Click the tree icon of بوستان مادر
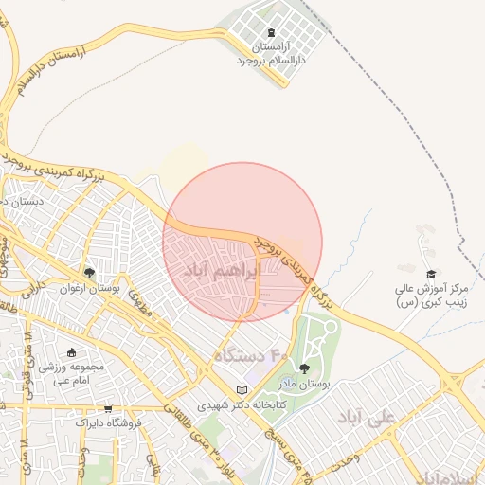click(x=304, y=368)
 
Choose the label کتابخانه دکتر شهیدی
click(x=241, y=404)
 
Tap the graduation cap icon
click(x=432, y=273)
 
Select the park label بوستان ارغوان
click(x=91, y=288)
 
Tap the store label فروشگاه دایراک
click(x=108, y=422)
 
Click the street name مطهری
click(x=141, y=302)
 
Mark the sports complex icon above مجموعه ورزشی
click(x=71, y=352)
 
